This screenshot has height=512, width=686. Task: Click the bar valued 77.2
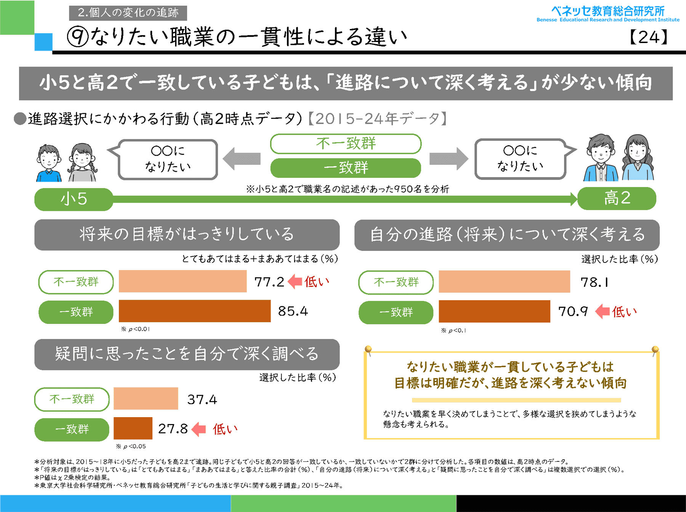point(183,281)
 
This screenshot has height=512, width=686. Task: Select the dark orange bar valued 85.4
point(194,311)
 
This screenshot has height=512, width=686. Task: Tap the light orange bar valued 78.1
point(504,282)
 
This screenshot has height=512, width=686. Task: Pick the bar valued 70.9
point(494,311)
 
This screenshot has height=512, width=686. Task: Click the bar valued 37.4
point(146,398)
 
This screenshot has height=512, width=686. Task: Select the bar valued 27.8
point(133,428)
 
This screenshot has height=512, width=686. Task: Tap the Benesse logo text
point(608,14)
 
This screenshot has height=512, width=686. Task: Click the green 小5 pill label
point(74,199)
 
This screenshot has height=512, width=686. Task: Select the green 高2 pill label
point(617,198)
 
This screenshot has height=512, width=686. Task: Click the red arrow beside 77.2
point(295,282)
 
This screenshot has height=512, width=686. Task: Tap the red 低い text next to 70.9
point(624,312)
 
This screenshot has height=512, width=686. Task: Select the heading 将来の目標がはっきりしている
point(187,234)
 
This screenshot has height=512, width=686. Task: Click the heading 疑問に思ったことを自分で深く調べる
point(187,354)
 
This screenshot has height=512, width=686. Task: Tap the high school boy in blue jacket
point(600,158)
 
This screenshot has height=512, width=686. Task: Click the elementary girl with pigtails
point(82,162)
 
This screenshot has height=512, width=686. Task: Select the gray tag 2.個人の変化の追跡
point(128,13)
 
